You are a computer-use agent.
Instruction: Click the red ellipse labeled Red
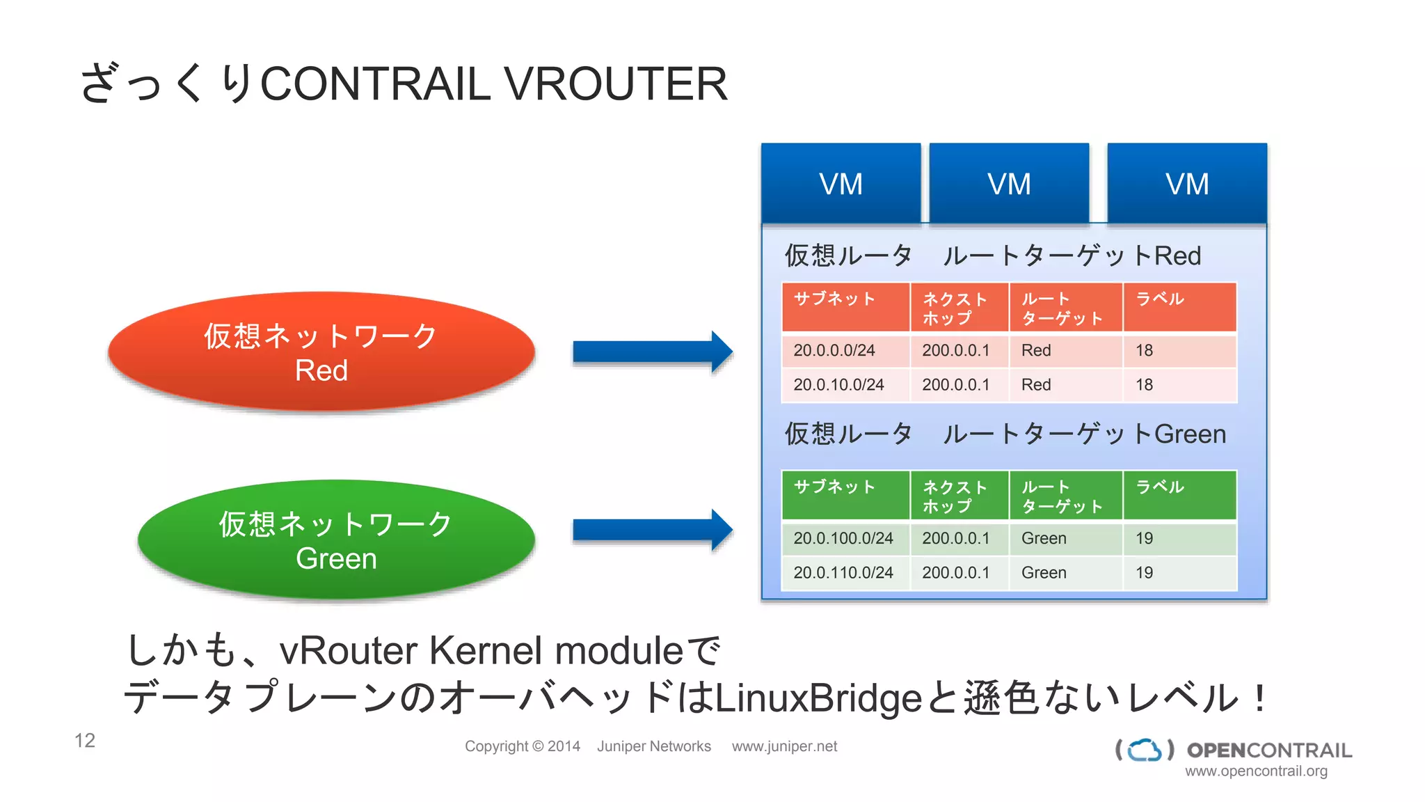click(321, 352)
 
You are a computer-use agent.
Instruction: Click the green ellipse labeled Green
click(336, 540)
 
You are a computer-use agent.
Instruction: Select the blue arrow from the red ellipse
click(651, 352)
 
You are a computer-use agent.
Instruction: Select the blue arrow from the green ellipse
click(651, 530)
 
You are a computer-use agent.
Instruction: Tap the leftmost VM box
click(841, 184)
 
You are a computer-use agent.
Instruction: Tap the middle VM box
click(1009, 184)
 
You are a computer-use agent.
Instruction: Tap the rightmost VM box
click(1187, 184)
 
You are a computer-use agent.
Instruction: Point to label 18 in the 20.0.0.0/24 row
click(1145, 351)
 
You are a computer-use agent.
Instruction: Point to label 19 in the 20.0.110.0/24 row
click(1145, 573)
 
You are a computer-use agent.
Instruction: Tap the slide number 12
click(85, 741)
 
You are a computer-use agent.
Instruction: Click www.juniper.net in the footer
click(784, 746)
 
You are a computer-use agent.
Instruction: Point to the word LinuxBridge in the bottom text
click(818, 698)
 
